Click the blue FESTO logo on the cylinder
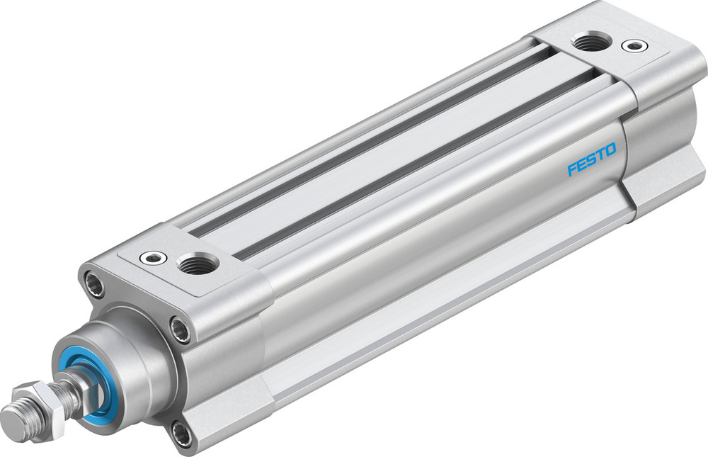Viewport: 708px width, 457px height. tap(591, 160)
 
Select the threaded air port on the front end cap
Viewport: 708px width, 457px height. tap(193, 266)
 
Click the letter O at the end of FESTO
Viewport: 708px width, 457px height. tap(610, 150)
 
